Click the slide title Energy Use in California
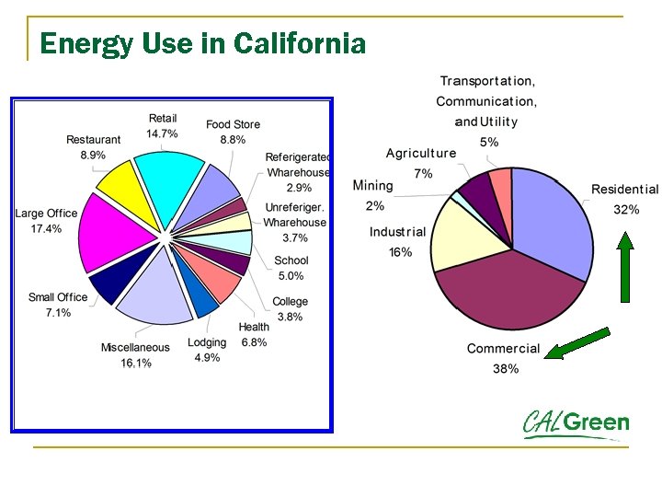click(203, 43)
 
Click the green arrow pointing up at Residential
click(625, 267)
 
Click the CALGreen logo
click(576, 423)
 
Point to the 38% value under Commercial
click(505, 368)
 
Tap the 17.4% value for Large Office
click(46, 229)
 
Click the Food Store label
click(233, 124)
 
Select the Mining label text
click(372, 185)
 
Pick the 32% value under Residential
click(626, 209)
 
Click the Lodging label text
click(207, 342)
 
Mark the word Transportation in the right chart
click(487, 81)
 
